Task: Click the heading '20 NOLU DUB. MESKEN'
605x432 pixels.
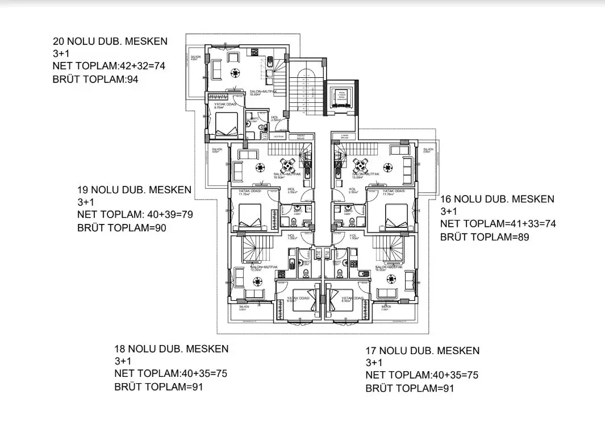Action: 110,41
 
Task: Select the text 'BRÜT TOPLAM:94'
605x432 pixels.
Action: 95,80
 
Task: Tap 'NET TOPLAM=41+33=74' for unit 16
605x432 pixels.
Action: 498,224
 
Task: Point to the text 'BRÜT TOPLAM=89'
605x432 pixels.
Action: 485,237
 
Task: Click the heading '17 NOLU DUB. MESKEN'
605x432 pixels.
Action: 422,350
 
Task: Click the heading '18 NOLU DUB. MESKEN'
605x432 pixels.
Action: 172,348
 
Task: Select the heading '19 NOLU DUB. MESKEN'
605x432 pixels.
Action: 134,189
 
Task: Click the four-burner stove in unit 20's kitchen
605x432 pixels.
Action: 255,53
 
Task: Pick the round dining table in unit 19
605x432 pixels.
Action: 289,165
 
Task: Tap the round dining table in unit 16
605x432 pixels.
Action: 359,165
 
